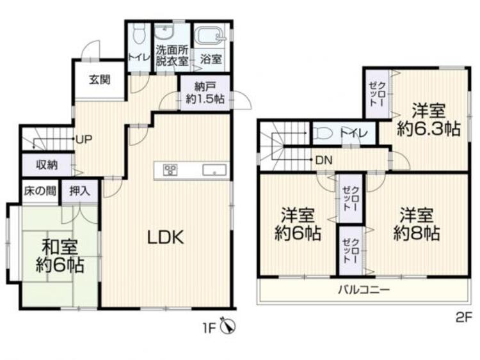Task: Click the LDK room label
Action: click(x=166, y=238)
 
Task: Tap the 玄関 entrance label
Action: click(x=99, y=80)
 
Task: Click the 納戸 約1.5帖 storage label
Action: click(x=205, y=93)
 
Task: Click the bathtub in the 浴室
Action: click(x=210, y=35)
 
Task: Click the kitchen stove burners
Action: click(x=171, y=170)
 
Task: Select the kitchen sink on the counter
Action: click(x=214, y=170)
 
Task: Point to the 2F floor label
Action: click(x=463, y=316)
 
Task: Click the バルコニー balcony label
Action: click(x=364, y=290)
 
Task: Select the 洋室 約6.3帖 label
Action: click(x=428, y=119)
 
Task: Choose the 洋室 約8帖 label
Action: click(x=417, y=223)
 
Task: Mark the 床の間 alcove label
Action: click(x=40, y=190)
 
